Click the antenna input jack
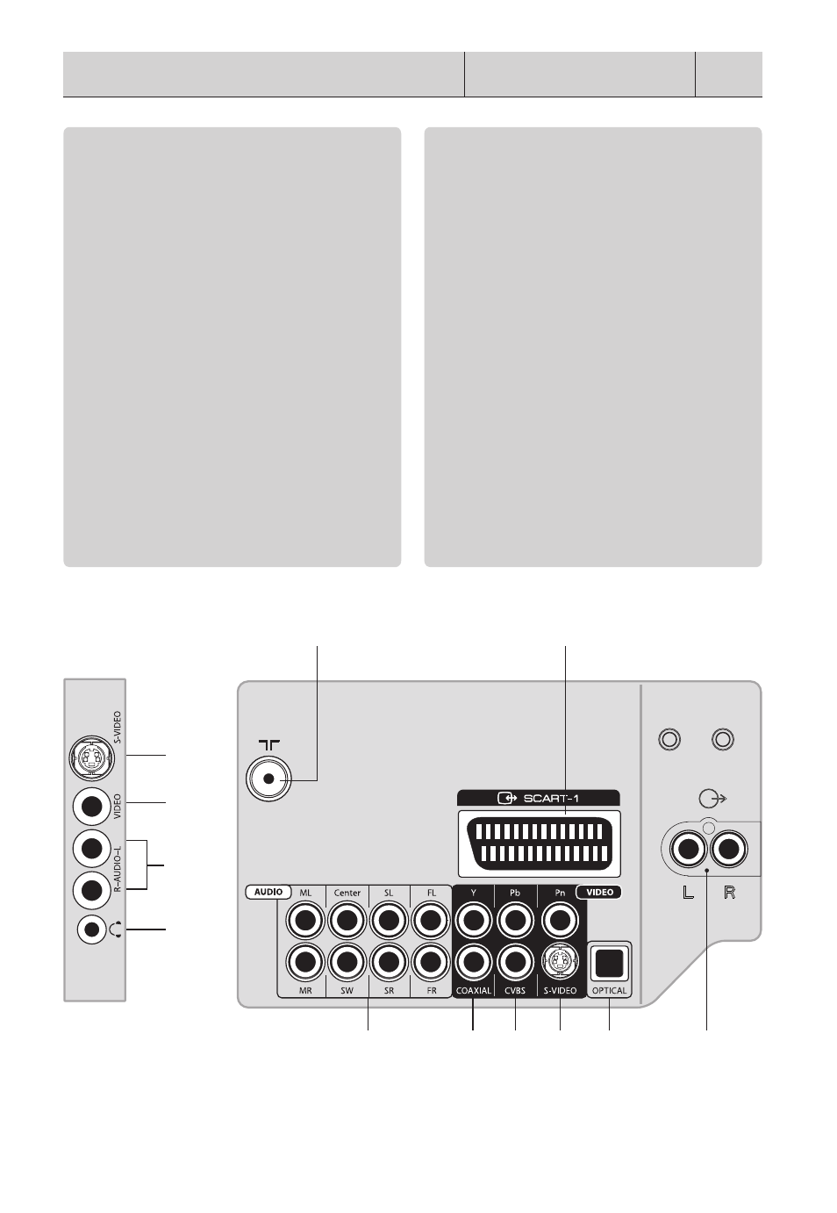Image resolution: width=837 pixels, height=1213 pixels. (268, 779)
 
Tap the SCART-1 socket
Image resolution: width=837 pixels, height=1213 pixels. (539, 843)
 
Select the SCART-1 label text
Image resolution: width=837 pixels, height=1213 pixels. (551, 798)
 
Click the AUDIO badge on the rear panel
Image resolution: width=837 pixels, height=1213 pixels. (268, 892)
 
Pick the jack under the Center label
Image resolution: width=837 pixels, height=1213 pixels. (347, 920)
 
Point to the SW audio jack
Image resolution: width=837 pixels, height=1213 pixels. (347, 962)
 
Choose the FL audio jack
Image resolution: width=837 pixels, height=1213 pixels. (431, 920)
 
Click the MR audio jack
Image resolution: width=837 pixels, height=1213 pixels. (305, 962)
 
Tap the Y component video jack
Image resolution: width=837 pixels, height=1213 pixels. (474, 920)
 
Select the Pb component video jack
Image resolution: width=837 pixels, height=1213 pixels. (515, 920)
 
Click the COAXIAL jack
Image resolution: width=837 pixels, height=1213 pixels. (474, 962)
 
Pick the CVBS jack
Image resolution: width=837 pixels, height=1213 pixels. (515, 962)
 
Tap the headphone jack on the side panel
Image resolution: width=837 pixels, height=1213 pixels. (92, 929)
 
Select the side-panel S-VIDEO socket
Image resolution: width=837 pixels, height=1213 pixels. (92, 758)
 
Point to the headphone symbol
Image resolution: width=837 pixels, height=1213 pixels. (116, 929)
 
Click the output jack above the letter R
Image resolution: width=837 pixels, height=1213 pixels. (729, 849)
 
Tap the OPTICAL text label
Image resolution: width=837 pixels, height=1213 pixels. (609, 990)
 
